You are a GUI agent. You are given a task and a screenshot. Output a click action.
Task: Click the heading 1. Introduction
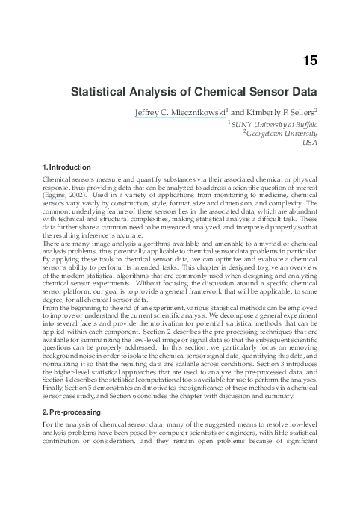(x=67, y=167)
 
